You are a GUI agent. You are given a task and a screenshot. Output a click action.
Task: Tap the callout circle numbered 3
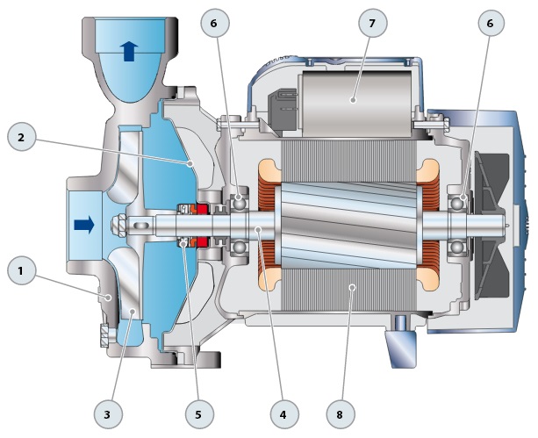click(x=107, y=411)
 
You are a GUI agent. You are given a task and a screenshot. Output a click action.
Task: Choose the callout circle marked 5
click(x=198, y=411)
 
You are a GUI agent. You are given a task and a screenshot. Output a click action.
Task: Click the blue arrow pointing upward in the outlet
click(x=129, y=51)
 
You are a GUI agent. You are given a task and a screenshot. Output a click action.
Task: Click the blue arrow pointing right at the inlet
click(x=84, y=226)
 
